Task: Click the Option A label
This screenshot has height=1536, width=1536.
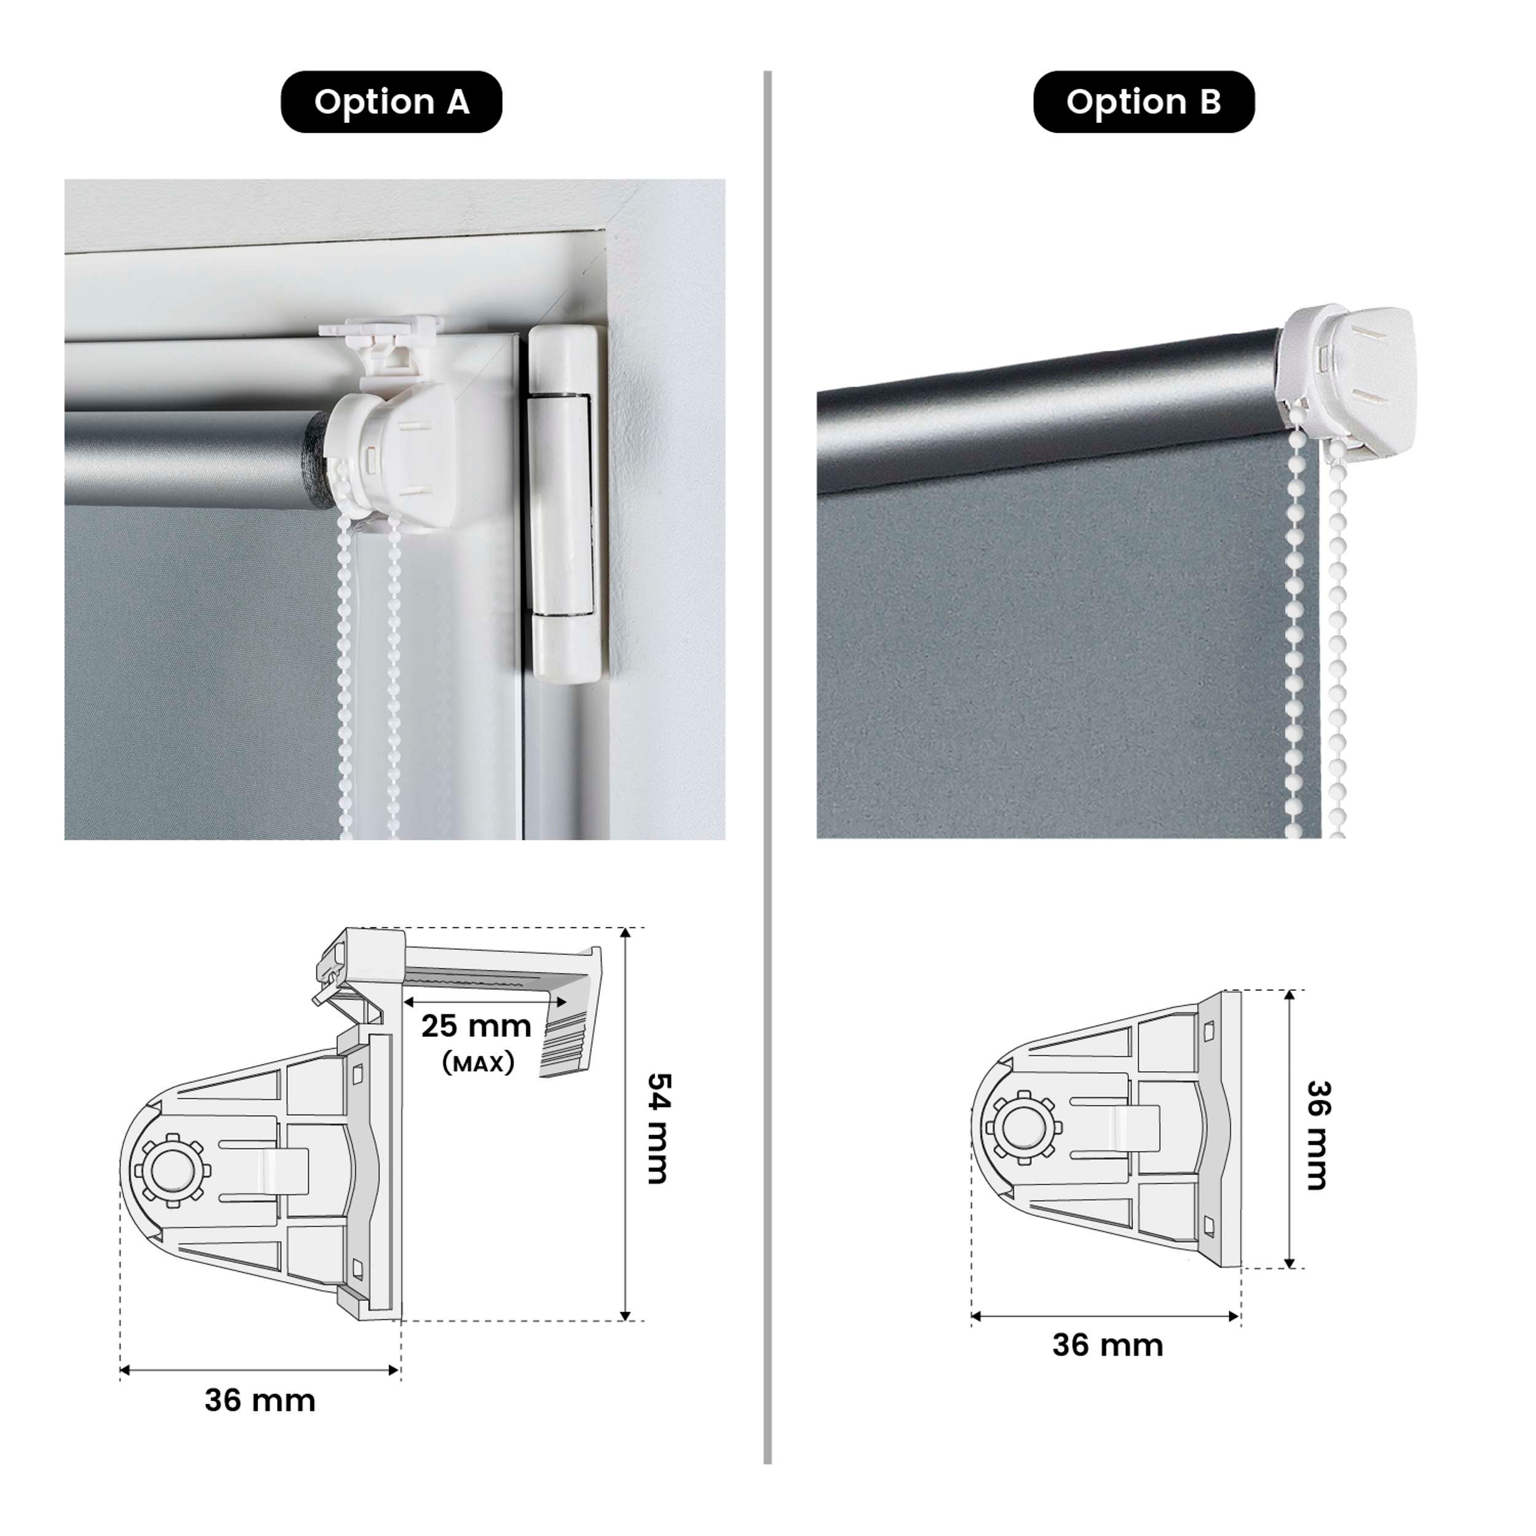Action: click(x=391, y=102)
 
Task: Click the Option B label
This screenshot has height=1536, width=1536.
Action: click(x=1143, y=102)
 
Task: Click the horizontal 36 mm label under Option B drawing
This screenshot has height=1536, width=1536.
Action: click(x=1108, y=1345)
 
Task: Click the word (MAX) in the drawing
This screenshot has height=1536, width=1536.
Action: click(x=478, y=1063)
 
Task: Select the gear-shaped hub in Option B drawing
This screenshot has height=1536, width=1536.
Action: click(x=1024, y=1127)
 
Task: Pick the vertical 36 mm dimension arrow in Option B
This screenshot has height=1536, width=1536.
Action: click(x=1290, y=1129)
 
